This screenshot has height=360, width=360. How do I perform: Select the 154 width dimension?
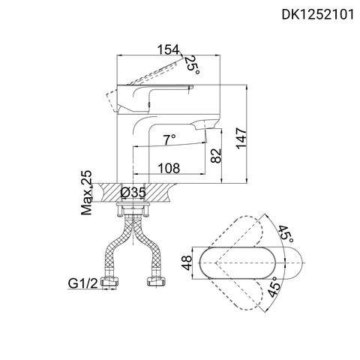169,50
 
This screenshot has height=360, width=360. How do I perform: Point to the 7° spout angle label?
169,139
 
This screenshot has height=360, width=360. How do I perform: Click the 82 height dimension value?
216,155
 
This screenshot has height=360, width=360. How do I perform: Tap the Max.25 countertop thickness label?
87,193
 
